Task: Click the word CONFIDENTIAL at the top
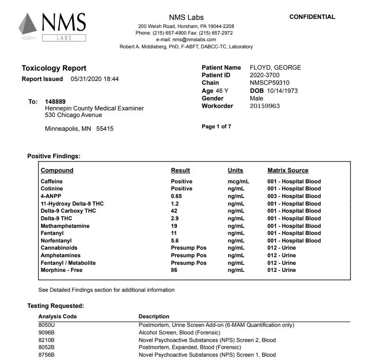[x=312, y=17]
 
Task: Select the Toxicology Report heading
[x=54, y=68]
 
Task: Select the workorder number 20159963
[x=265, y=106]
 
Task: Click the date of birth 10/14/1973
[x=283, y=90]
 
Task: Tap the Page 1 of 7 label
[x=216, y=126]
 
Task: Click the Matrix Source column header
[x=287, y=171]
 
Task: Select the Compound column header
[x=57, y=171]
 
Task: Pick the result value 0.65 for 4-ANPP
[x=176, y=196]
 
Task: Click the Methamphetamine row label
[x=65, y=226]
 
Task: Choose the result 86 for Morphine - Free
[x=174, y=270]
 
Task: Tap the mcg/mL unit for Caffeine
[x=238, y=181]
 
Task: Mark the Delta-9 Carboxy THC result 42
[x=174, y=211]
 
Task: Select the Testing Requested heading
[x=55, y=306]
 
